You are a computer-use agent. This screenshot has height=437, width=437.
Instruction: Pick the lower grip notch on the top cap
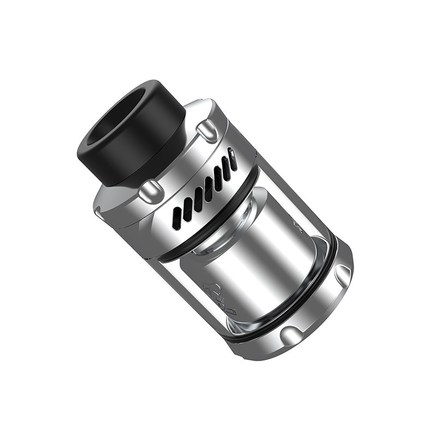coord(151,191)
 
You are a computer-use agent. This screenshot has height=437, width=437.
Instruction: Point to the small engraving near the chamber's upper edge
coord(298,223)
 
